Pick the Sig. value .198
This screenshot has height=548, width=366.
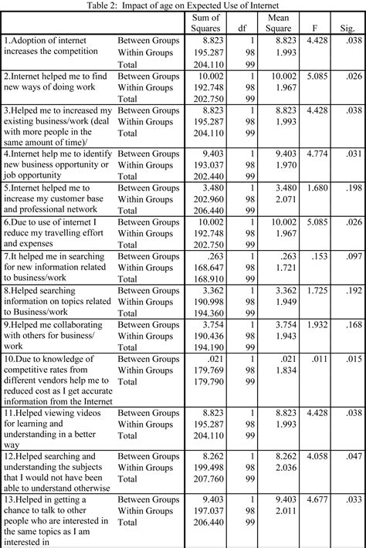click(352, 188)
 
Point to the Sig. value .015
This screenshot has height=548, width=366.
click(352, 360)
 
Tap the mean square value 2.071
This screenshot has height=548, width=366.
click(284, 199)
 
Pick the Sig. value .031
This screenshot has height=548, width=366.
click(352, 154)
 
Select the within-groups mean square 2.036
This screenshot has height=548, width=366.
click(284, 468)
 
